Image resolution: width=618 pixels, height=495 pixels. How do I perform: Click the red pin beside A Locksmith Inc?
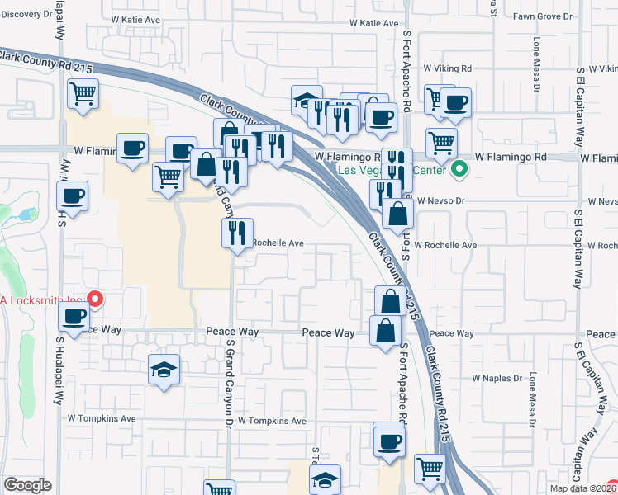[x=95, y=298]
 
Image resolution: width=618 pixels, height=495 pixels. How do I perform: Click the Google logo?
[x=27, y=485]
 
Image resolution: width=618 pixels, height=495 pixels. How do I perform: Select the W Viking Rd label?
[x=447, y=68]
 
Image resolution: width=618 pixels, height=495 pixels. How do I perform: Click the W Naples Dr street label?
[x=497, y=378]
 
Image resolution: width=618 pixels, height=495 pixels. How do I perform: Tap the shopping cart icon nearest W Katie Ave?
[x=83, y=93]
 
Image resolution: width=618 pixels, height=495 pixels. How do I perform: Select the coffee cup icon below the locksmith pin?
[x=74, y=314]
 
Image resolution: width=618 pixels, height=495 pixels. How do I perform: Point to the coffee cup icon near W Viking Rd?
[x=454, y=102]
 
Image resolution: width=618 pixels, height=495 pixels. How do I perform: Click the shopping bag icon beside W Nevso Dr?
[x=397, y=213]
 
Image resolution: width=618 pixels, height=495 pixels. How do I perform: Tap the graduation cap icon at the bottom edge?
[x=326, y=479]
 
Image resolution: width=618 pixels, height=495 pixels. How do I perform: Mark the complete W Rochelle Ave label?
[x=446, y=245]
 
